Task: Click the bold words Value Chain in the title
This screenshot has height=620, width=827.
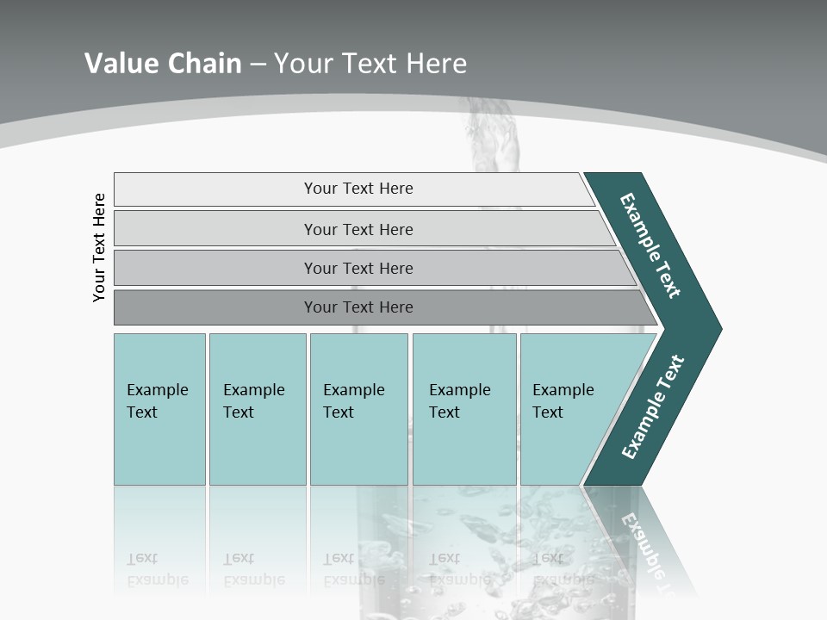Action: tap(163, 63)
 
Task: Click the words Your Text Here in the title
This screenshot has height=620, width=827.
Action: tap(370, 63)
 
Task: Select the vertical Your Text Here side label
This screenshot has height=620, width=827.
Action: tap(99, 247)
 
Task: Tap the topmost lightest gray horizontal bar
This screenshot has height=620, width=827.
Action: tap(215, 189)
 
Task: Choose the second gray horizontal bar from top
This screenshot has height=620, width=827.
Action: tap(215, 229)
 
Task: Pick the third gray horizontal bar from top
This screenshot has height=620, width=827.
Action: tap(215, 268)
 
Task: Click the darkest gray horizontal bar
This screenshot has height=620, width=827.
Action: tap(215, 307)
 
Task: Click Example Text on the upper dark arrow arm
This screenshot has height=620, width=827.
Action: tap(650, 245)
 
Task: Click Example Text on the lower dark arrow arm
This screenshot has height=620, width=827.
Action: tap(652, 407)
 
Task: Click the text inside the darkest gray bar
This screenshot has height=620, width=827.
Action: tap(358, 307)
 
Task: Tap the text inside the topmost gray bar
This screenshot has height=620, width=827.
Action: tap(358, 189)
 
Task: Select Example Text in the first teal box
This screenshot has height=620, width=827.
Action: tap(157, 401)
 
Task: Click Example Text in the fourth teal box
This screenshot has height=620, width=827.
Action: tap(459, 401)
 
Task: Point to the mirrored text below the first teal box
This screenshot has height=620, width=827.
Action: tap(157, 569)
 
